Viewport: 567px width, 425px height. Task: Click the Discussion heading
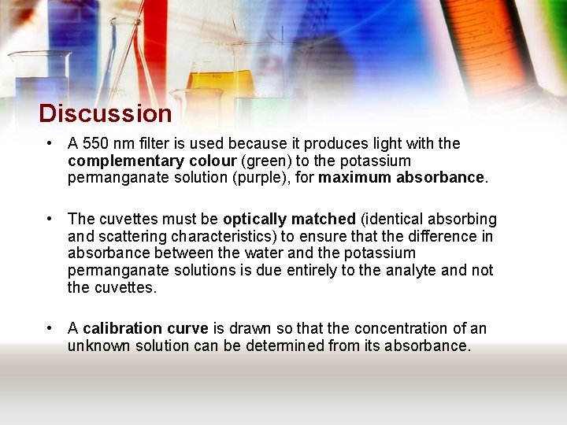click(x=105, y=113)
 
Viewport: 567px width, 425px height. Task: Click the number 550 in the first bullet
click(x=94, y=144)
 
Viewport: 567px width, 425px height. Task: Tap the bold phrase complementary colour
click(x=152, y=161)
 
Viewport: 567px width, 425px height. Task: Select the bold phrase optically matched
click(x=289, y=219)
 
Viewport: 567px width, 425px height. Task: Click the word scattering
click(x=129, y=236)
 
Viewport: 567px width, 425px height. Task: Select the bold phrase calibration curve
click(x=145, y=328)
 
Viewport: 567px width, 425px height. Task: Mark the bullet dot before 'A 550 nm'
click(x=50, y=144)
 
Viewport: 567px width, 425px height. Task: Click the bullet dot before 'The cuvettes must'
click(x=50, y=219)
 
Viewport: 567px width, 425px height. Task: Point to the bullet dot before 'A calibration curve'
click(x=50, y=328)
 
